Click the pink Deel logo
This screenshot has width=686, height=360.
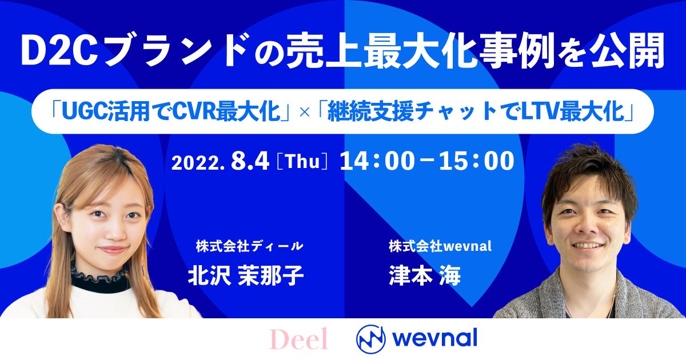point(298,339)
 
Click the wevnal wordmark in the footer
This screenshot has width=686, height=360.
point(435,338)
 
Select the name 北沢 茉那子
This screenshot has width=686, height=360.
point(246,275)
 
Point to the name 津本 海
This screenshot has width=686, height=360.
point(425,275)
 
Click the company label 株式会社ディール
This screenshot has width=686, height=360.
point(249,246)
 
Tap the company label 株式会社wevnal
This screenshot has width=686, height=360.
point(440,246)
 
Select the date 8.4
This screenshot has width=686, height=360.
point(250,161)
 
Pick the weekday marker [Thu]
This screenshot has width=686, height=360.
point(302,161)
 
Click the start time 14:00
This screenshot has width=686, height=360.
point(377,161)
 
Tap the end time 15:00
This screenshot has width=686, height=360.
point(477,161)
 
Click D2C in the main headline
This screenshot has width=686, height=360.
point(62,50)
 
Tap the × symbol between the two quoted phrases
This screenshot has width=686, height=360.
point(304,113)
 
